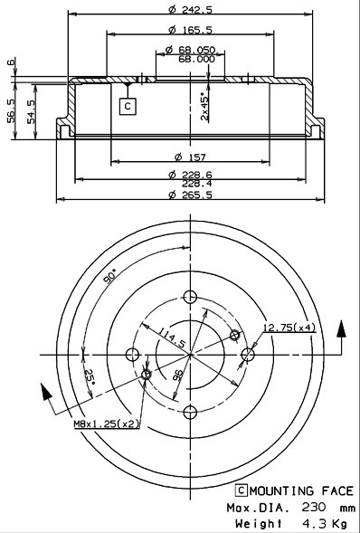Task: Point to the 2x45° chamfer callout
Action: (204, 106)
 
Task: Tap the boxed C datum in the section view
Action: (127, 106)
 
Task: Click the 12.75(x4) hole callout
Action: (288, 328)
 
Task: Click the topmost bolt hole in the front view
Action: (189, 297)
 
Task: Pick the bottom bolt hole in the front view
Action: (189, 414)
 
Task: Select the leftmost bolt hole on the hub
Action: (132, 355)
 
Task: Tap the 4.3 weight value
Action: (307, 523)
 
